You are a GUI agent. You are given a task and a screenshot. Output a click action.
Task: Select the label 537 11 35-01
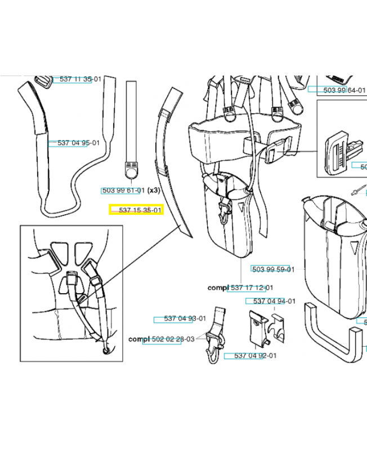[80, 79]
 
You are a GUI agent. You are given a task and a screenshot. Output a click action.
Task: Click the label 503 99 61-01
[123, 191]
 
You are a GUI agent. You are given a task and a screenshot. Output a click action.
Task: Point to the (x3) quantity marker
[154, 191]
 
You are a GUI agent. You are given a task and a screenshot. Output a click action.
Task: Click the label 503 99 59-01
[273, 269]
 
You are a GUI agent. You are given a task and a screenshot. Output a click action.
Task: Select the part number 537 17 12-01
[252, 288]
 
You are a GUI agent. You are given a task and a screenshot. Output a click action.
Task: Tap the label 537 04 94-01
[274, 301]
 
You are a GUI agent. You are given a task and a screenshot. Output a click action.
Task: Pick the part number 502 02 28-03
[169, 339]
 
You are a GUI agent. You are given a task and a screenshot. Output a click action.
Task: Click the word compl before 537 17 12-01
[218, 288]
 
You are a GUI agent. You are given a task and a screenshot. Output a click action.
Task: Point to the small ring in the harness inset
[106, 352]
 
